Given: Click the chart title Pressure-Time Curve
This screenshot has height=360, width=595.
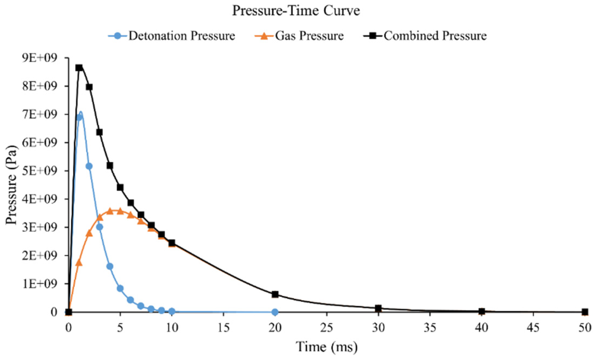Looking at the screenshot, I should coord(296,11).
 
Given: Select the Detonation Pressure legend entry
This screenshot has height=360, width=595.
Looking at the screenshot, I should coord(181,36).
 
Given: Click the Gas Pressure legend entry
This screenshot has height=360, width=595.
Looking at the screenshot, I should coord(309,36).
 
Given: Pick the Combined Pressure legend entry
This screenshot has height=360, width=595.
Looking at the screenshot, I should coord(435,36).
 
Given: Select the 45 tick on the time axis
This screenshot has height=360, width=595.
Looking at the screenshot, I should coord(533,328).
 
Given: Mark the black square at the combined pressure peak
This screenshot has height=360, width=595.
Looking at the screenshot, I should coord(79,68).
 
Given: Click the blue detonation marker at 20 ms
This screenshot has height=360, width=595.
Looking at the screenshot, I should coord(275,312).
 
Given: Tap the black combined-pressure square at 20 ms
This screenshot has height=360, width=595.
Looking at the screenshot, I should coord(275,294).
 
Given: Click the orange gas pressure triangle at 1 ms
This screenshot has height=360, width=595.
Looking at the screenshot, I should coord(79,262).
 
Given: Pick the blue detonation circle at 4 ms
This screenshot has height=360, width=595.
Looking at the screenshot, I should coord(110,266).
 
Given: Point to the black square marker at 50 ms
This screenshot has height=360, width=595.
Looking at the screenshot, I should coord(585,312).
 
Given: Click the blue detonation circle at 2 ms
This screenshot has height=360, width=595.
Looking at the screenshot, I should coord(89,166).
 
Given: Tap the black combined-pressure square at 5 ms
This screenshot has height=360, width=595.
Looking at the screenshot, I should coord(120,187).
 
